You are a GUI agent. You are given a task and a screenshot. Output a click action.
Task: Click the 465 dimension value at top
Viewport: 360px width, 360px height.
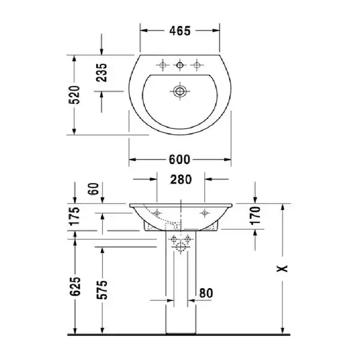[x=180, y=31]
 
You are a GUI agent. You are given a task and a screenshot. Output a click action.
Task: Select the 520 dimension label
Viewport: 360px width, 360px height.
[x=74, y=95]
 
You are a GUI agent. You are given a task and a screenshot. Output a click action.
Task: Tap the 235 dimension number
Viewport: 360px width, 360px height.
[x=101, y=73]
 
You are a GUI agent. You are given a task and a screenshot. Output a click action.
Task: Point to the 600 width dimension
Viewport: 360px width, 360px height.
[x=179, y=160]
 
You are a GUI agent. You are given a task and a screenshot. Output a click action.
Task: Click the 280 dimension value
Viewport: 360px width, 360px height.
[x=181, y=179]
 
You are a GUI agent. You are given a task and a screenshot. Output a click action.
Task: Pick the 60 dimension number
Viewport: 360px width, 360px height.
[x=94, y=189]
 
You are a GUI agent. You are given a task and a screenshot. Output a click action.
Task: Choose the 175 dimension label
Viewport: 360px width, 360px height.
[x=74, y=216]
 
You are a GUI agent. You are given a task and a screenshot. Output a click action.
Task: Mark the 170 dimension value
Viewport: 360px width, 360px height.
[x=256, y=215]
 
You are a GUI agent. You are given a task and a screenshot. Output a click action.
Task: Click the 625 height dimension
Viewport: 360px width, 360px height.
[x=76, y=286]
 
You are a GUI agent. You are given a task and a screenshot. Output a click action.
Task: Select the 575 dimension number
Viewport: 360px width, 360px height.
[x=102, y=290]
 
